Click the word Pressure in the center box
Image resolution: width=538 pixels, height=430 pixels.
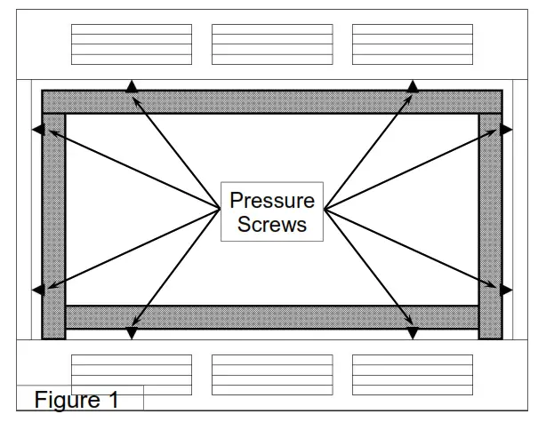click(272, 200)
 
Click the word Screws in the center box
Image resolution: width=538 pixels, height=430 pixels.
click(272, 224)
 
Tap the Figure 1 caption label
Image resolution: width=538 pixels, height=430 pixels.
click(76, 400)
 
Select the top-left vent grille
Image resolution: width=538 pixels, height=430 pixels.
click(132, 44)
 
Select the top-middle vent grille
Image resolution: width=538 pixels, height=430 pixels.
click(272, 44)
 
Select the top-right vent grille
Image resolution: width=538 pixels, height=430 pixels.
click(413, 44)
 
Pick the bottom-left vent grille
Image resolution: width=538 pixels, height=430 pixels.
click(132, 374)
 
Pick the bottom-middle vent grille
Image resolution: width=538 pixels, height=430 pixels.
click(272, 374)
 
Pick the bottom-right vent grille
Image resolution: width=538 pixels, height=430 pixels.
click(413, 374)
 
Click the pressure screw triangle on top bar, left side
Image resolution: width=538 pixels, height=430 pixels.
click(132, 86)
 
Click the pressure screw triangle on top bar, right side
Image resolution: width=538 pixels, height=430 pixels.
click(413, 86)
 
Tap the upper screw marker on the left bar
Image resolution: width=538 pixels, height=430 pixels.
click(38, 130)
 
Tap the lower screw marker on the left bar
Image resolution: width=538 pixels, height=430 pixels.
click(38, 290)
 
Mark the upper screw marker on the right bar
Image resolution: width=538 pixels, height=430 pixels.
click(506, 130)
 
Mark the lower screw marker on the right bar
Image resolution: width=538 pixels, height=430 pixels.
click(506, 290)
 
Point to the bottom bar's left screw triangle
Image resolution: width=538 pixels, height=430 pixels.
click(132, 333)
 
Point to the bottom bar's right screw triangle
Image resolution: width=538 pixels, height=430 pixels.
click(413, 333)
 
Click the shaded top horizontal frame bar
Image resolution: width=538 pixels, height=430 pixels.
click(272, 101)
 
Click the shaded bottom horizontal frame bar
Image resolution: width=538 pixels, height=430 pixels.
click(272, 317)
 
